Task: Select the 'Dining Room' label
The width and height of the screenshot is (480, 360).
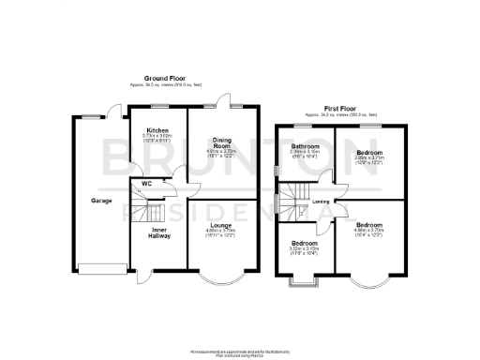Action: [x=221, y=142]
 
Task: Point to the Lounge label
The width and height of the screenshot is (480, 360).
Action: [x=221, y=225]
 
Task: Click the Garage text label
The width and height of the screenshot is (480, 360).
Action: [x=101, y=201]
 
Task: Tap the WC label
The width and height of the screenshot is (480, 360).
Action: [x=147, y=183]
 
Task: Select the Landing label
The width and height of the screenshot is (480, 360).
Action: [x=320, y=201]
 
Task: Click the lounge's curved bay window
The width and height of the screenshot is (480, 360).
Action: [x=223, y=279]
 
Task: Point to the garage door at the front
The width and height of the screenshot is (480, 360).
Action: [x=100, y=269]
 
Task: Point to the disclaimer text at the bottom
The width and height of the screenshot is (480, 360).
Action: [x=240, y=351]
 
